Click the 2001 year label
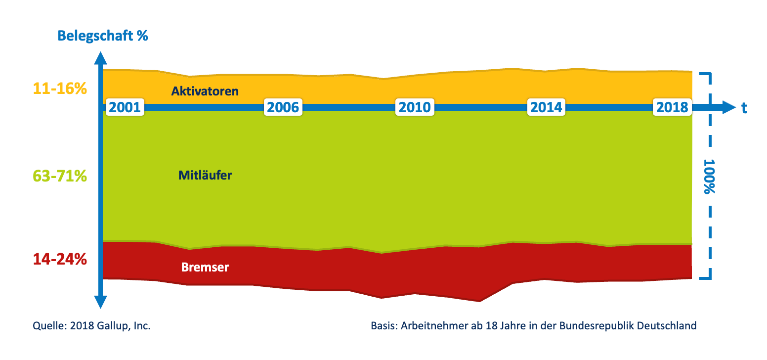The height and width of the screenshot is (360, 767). (x=125, y=107)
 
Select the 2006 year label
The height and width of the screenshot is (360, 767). (x=283, y=107)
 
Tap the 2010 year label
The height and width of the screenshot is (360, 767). (x=415, y=107)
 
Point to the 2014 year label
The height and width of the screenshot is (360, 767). (x=546, y=107)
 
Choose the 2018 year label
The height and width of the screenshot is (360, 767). (x=672, y=107)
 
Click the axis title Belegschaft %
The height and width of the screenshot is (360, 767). (x=103, y=36)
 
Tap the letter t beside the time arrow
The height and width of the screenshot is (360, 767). (x=744, y=108)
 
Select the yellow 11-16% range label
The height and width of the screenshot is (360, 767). (x=60, y=89)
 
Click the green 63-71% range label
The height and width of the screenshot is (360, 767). (x=60, y=176)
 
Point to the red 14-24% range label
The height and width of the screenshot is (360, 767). (x=60, y=259)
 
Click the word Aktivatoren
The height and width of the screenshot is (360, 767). (x=205, y=91)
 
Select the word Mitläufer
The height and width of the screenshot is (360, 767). (x=205, y=175)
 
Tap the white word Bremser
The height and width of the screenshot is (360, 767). (x=205, y=268)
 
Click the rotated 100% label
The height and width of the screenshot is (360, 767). (x=710, y=177)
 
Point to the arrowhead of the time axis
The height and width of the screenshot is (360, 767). (x=728, y=107)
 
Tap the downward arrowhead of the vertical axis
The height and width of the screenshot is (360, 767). (x=100, y=302)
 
